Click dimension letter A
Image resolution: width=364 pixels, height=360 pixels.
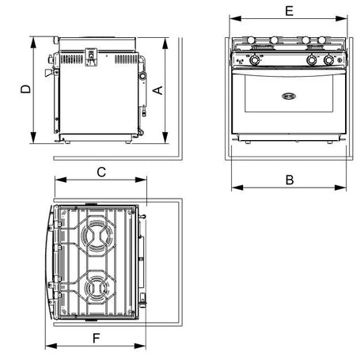[158, 90]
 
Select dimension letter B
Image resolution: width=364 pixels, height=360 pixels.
[290, 180]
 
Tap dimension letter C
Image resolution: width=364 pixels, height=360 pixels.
[101, 172]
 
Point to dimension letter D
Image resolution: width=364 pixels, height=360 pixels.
[25, 89]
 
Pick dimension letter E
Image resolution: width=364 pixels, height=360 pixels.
[290, 11]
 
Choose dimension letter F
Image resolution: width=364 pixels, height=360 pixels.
[97, 338]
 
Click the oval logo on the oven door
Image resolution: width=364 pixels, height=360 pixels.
[289, 97]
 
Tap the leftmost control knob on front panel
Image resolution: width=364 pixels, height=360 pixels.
[255, 60]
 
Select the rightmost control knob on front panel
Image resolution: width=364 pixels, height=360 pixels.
[328, 60]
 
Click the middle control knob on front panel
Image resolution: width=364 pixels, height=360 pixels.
[311, 60]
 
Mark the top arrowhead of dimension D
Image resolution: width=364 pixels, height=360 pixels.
[33, 43]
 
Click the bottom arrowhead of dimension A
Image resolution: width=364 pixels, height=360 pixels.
[165, 138]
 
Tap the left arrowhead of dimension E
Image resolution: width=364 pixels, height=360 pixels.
[235, 18]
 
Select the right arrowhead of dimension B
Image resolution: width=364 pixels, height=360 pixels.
[340, 188]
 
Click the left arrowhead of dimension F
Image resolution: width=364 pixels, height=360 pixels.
[51, 346]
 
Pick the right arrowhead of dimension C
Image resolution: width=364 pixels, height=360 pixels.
[141, 180]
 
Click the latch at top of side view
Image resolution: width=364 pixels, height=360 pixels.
[91, 57]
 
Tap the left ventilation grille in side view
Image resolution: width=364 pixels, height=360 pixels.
[71, 59]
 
